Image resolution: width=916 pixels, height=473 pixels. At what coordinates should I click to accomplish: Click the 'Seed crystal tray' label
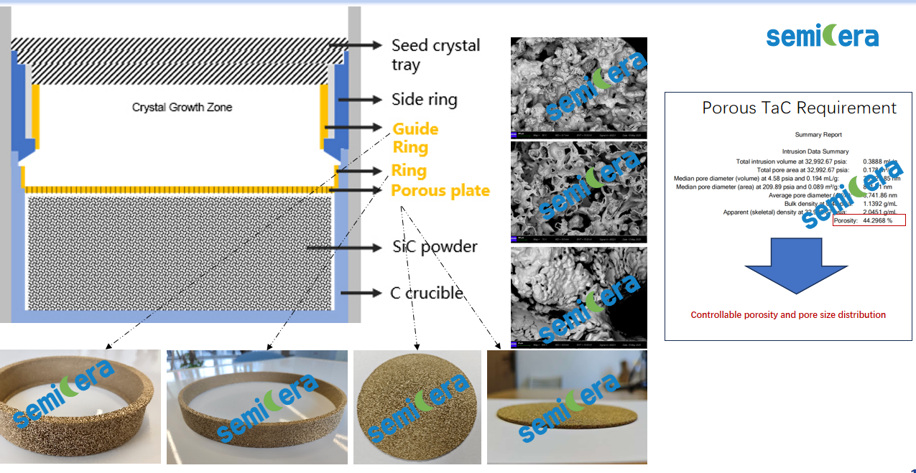point(435,55)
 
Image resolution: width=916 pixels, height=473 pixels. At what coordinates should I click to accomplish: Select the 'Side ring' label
point(424,99)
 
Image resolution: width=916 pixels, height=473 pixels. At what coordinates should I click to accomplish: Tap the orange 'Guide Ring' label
point(415,138)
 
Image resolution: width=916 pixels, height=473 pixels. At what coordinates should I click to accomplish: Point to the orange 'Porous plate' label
point(440,190)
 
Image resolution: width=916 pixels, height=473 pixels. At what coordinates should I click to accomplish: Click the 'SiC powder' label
point(435,246)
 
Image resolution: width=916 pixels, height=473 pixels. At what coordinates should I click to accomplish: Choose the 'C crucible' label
point(426,293)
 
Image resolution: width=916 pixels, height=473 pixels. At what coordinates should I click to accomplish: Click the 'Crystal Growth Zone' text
point(182,108)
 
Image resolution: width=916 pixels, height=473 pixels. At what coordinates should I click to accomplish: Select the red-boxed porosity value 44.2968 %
point(877,220)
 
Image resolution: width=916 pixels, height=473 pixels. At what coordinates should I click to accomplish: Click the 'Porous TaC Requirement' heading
point(799,108)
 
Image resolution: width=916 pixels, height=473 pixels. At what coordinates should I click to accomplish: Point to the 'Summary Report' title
point(818,134)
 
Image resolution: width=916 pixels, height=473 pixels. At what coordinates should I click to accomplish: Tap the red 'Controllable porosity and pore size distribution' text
point(788,314)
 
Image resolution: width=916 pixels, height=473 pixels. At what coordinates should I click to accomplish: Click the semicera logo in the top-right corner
point(822,36)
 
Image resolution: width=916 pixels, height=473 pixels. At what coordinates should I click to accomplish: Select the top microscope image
point(578,88)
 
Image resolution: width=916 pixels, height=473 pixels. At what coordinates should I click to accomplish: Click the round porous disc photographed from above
point(417,407)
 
